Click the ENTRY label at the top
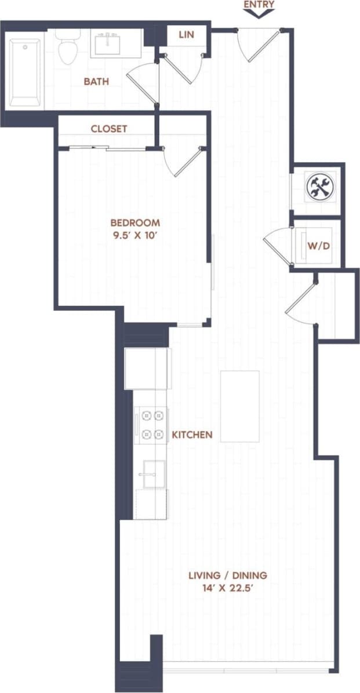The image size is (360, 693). pyautogui.click(x=259, y=5)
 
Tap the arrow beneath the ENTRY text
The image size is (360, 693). pyautogui.click(x=259, y=14)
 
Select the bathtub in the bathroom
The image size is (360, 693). pyautogui.click(x=25, y=72)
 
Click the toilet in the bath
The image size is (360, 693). pyautogui.click(x=68, y=47)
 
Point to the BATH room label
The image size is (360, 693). pyautogui.click(x=96, y=82)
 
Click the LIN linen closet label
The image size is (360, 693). pyautogui.click(x=186, y=35)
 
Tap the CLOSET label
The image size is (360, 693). pyautogui.click(x=109, y=129)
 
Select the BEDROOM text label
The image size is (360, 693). pyautogui.click(x=135, y=223)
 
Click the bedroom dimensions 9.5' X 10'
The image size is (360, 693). pyautogui.click(x=135, y=235)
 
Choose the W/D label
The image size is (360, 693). pyautogui.click(x=318, y=245)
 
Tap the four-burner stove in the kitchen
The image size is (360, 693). pyautogui.click(x=152, y=424)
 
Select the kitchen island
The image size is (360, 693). pyautogui.click(x=239, y=406)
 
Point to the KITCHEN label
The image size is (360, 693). pyautogui.click(x=192, y=435)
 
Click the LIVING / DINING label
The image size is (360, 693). pyautogui.click(x=227, y=575)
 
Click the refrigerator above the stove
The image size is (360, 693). pyautogui.click(x=147, y=369)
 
